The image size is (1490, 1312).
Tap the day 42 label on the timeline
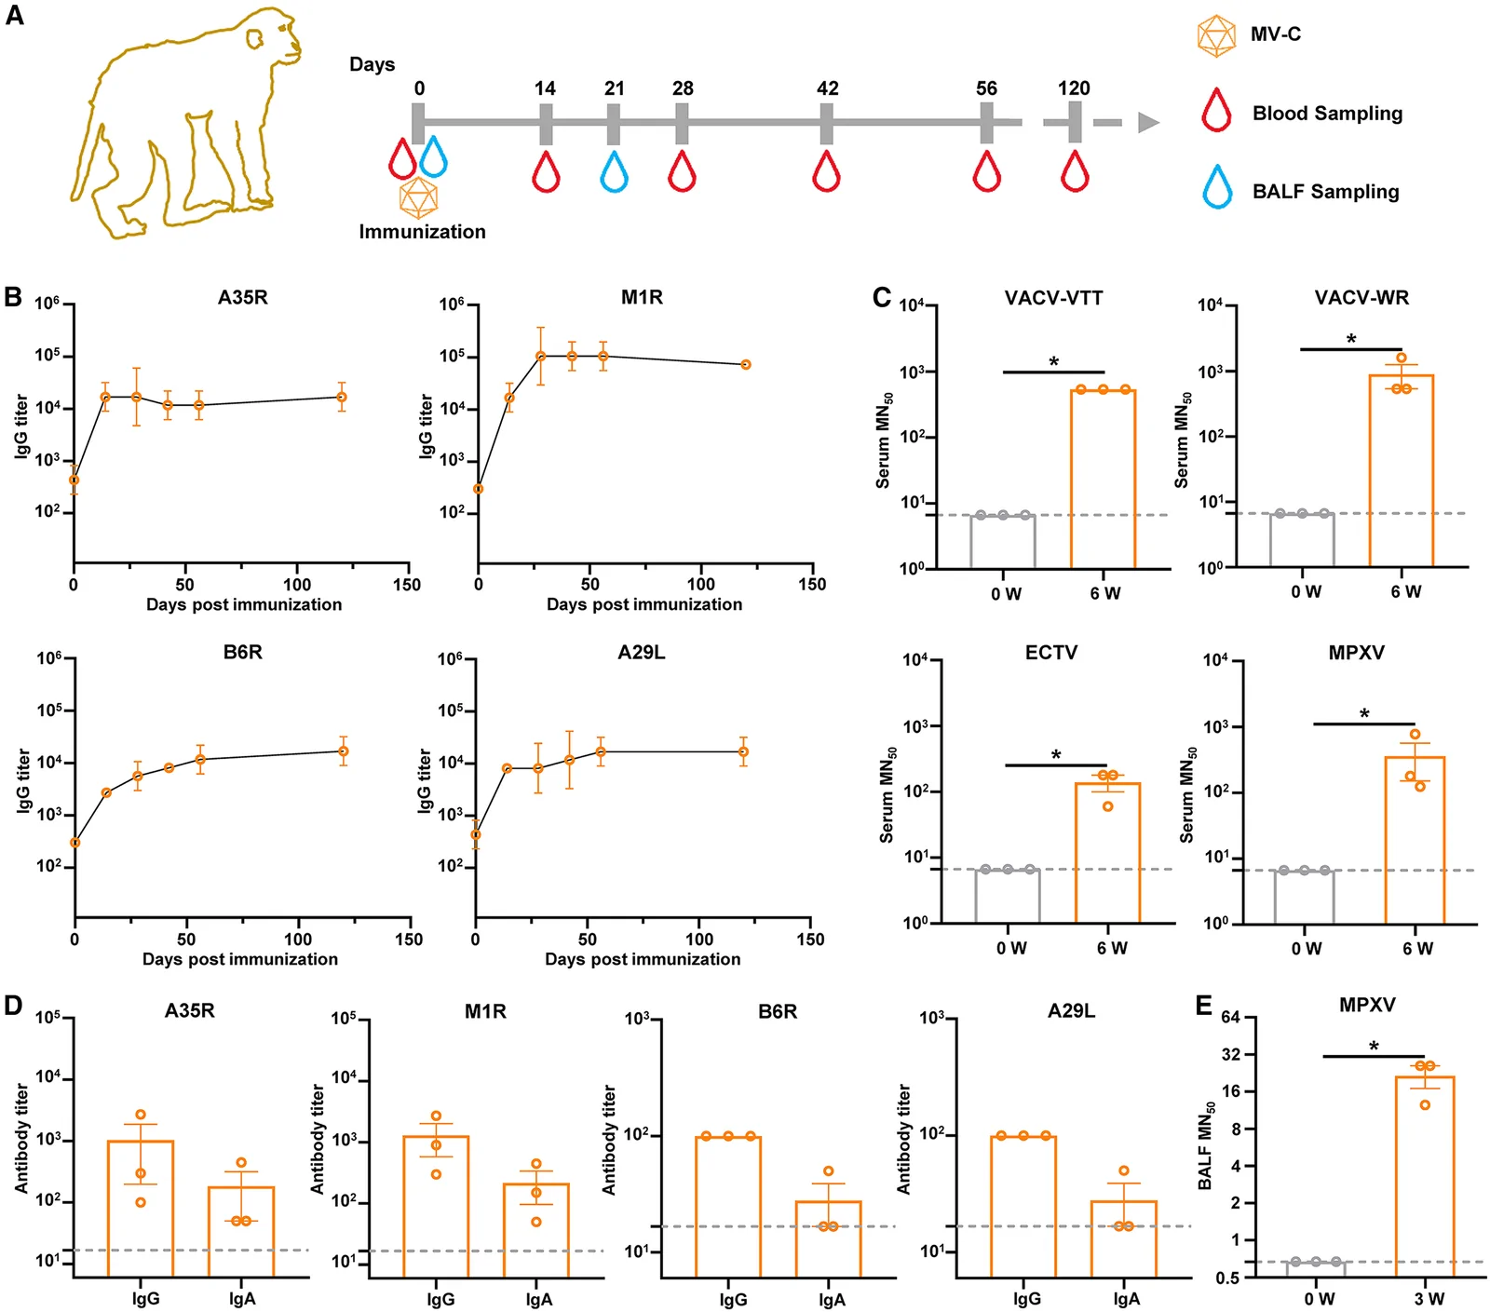coord(827,88)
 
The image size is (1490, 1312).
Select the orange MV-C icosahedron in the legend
coord(1216,35)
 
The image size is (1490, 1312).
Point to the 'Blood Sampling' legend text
coord(1327,114)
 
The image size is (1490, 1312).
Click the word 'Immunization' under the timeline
coord(423,232)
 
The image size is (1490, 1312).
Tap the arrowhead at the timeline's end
coord(1149,122)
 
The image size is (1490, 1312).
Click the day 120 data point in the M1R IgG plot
coord(746,364)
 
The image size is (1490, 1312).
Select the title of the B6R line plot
coord(243,653)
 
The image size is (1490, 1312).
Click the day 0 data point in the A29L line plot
coord(476,834)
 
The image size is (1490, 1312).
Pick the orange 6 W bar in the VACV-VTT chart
coord(1103,479)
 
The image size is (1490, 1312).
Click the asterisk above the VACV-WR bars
coord(1351,340)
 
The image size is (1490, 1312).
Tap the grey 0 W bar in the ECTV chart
coord(1008,896)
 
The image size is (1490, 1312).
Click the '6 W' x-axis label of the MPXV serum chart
coord(1418,948)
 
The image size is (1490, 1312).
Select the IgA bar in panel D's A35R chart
coord(241,1231)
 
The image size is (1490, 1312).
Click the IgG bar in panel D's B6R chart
coord(728,1206)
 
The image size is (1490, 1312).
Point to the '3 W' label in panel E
coord(1429,1299)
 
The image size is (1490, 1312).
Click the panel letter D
coord(13,1007)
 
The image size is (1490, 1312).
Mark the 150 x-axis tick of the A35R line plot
coord(407,585)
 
